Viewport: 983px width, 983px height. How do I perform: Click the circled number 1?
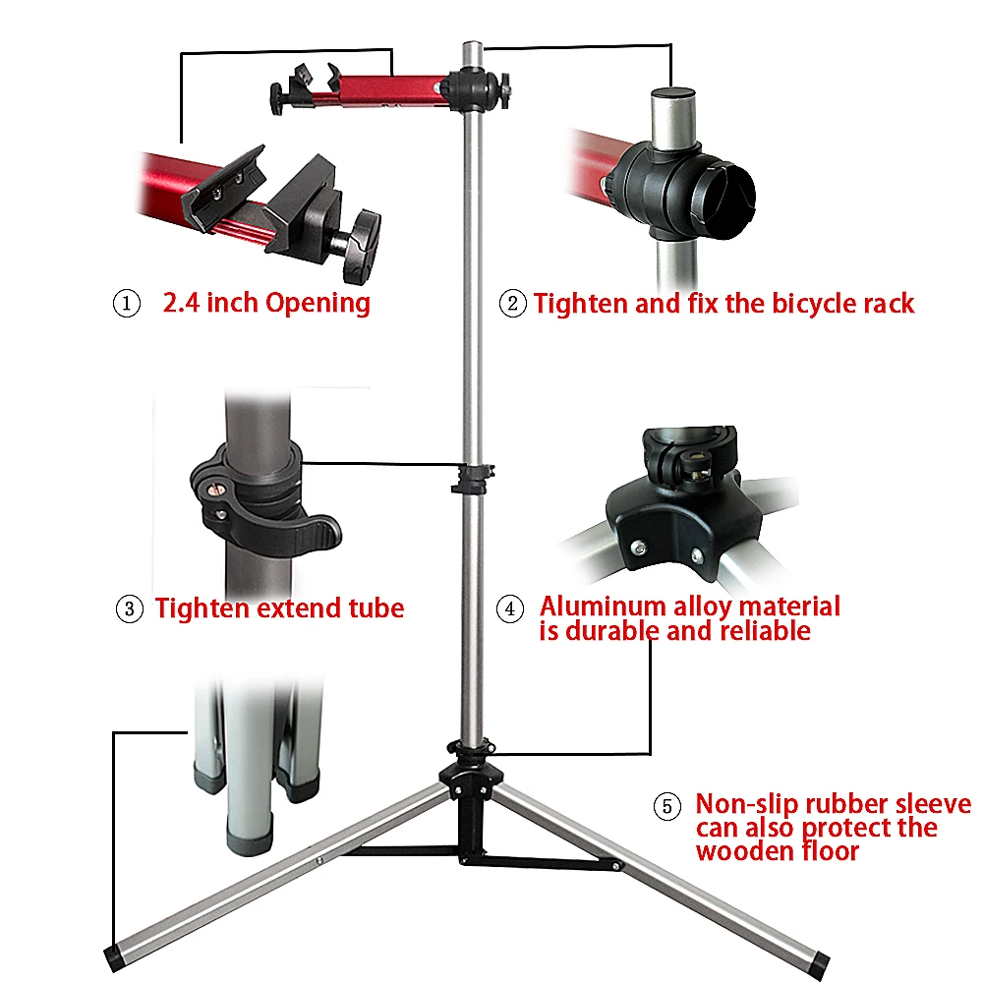coord(126,304)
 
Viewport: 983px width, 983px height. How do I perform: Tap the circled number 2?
coord(513,304)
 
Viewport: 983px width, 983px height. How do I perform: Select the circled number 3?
coord(130,608)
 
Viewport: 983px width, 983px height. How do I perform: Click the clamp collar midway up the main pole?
coord(473,480)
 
